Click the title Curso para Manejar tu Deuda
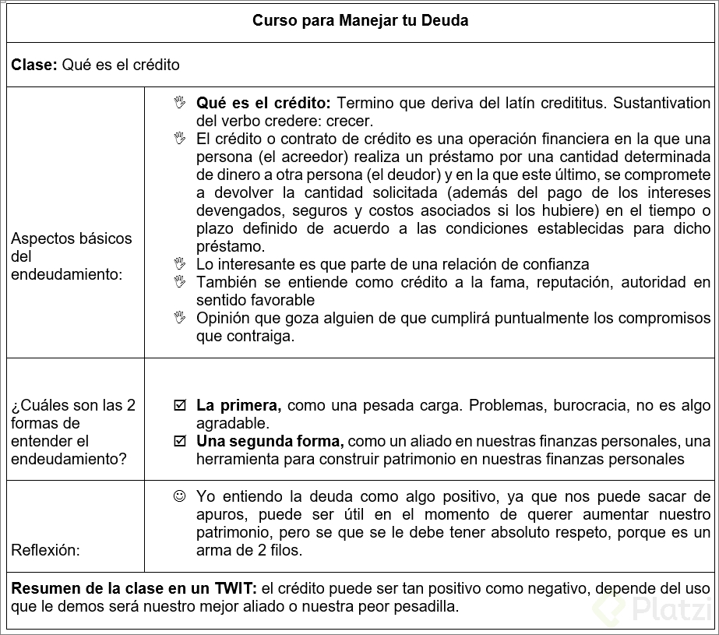[360, 21]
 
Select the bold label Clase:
[33, 65]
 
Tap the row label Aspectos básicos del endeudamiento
[72, 256]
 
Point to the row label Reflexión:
[45, 550]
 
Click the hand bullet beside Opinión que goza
[180, 318]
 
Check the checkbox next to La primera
[180, 406]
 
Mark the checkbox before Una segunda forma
[180, 442]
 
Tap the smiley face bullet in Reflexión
[180, 496]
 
